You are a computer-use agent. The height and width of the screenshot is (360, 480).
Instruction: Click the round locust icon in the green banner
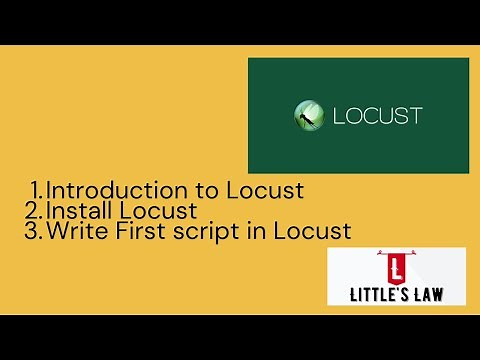308,115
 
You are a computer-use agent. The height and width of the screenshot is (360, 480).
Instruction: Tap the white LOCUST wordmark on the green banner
376,115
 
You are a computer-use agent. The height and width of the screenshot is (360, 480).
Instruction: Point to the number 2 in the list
34,211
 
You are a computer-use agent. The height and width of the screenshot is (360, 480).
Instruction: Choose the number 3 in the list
34,232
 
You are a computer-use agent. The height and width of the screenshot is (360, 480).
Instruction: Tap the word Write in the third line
76,232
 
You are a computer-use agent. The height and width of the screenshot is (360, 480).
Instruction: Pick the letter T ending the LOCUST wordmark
415,115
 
